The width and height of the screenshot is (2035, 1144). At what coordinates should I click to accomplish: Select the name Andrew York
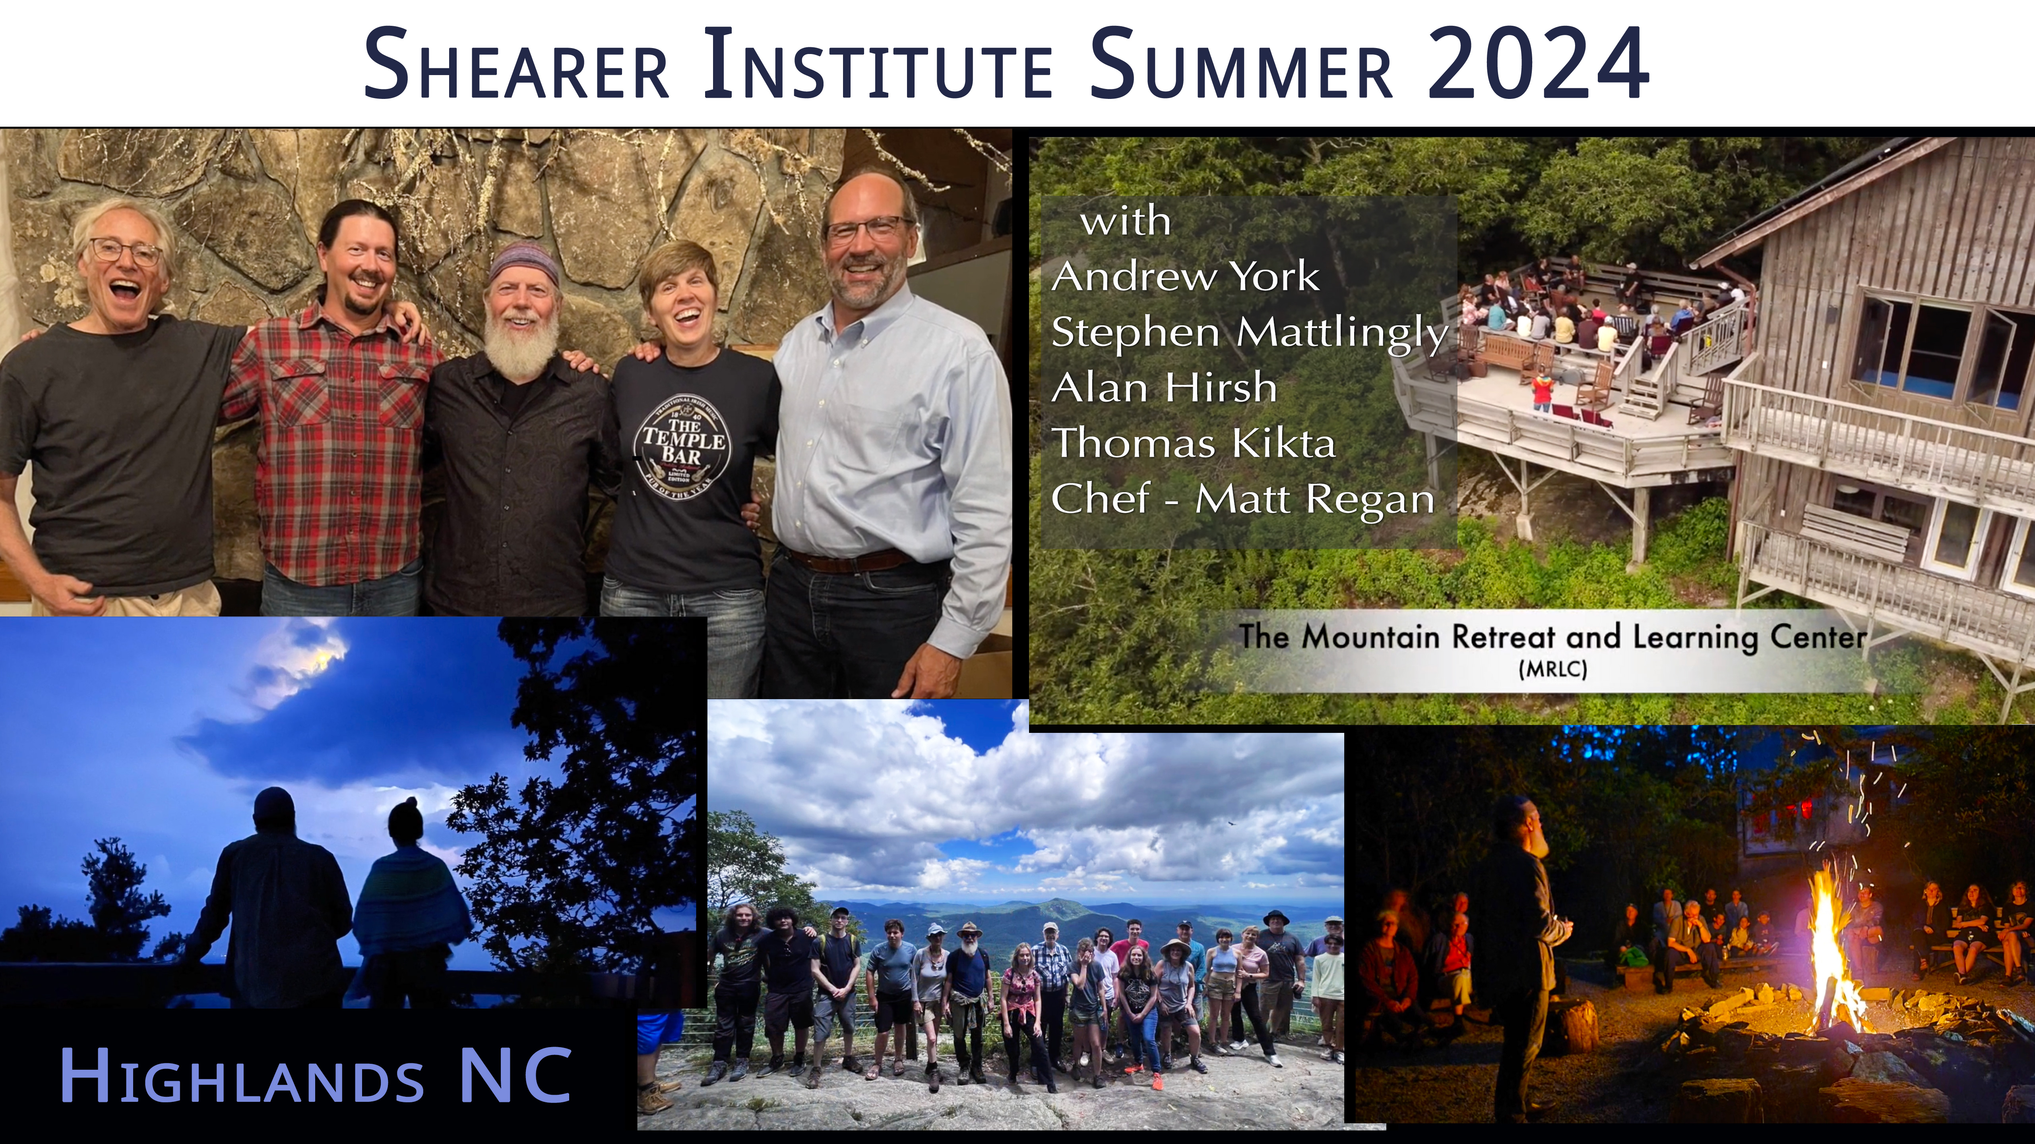click(1185, 276)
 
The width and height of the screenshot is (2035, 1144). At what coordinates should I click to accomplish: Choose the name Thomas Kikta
click(1193, 443)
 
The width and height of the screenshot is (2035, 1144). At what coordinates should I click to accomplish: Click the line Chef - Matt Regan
click(1242, 499)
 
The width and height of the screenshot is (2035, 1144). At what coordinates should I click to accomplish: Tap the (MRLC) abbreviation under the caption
click(1552, 669)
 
